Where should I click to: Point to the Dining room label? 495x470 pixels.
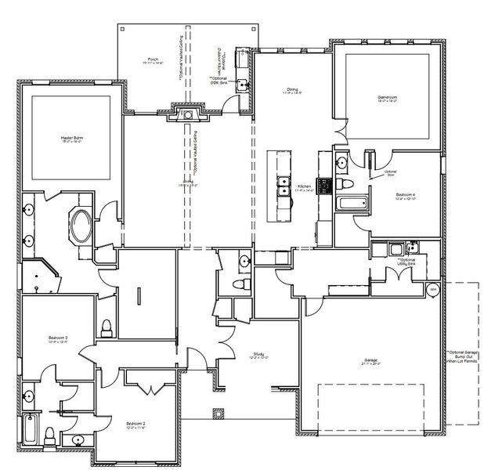[x=291, y=91]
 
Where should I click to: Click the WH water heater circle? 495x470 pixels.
[x=432, y=290]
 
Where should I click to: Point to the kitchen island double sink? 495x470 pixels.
[x=282, y=187]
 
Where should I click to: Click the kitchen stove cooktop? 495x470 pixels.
[x=323, y=186]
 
